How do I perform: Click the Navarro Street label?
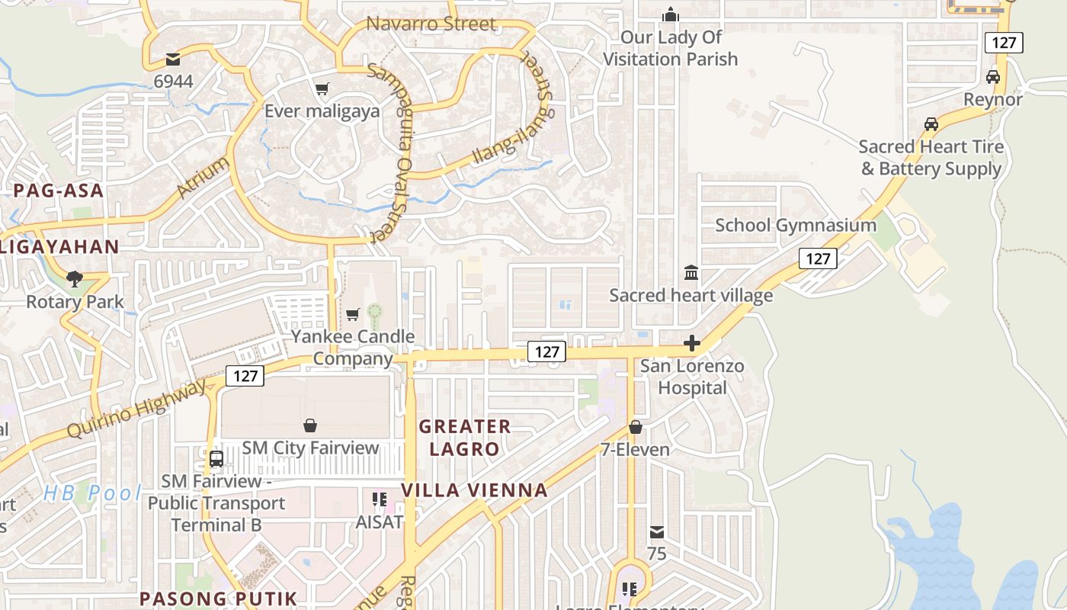point(431,24)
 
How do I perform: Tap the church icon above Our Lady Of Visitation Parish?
point(671,14)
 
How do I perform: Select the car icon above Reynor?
point(992,77)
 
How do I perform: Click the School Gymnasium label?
point(796,225)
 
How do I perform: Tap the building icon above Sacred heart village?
point(691,272)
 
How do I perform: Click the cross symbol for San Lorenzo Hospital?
point(692,343)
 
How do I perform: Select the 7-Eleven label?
point(635,449)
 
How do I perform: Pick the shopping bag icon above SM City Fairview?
point(310,425)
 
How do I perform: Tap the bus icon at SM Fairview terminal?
point(216,458)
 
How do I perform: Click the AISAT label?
point(379,522)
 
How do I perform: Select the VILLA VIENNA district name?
point(474,490)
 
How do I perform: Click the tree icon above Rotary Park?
point(75,279)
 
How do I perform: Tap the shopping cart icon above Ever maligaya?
point(322,89)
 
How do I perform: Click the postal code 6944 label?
point(173,81)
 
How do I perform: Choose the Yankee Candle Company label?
point(353,347)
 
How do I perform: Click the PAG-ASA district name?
point(58,191)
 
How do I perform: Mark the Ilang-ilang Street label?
point(511,133)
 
